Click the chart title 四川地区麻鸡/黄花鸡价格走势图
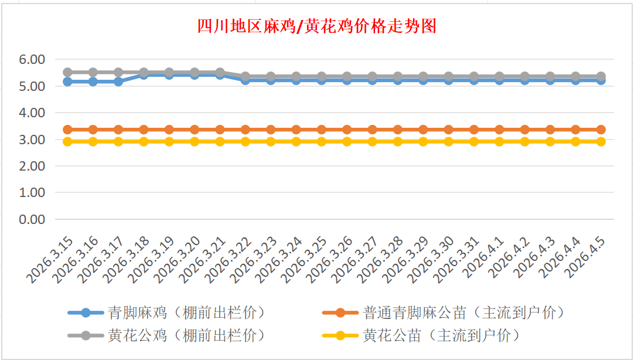316,26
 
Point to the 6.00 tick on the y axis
32,59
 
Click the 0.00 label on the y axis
32,219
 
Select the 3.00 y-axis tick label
32,140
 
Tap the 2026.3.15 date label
50,258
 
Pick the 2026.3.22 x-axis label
229,258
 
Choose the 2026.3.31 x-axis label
457,258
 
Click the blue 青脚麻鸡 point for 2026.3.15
67,81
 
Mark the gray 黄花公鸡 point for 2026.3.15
67,72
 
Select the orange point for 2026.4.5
601,130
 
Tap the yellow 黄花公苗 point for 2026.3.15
67,142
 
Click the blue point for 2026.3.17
118,81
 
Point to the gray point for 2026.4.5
601,76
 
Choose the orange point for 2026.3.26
347,130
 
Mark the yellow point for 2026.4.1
499,142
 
